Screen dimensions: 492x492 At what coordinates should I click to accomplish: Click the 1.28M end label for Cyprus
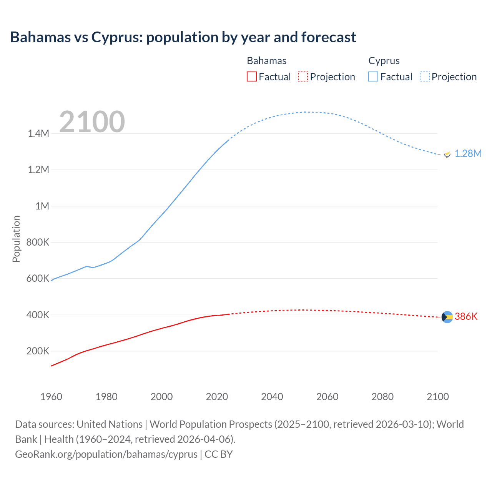468,153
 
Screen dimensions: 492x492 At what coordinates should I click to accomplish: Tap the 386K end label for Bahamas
466,316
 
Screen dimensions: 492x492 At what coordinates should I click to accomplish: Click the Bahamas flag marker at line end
447,317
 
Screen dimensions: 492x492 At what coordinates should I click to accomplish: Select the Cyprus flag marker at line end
447,154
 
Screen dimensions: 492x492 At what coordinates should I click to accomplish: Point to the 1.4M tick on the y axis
38,133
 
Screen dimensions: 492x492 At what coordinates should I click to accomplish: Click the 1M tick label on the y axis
42,206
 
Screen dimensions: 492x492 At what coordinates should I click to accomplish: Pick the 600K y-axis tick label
38,278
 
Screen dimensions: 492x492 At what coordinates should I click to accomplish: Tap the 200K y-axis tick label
38,351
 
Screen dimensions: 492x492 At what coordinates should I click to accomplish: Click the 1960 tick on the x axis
51,397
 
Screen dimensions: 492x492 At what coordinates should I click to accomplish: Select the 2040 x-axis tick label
272,397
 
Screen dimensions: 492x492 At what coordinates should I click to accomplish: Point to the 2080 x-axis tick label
382,397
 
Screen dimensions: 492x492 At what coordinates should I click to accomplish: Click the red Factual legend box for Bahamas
251,76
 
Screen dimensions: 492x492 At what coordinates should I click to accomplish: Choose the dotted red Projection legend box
303,76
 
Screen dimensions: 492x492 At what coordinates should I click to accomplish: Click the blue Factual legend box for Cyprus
373,76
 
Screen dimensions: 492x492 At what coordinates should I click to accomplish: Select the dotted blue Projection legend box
425,76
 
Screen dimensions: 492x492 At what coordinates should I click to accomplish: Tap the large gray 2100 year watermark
92,122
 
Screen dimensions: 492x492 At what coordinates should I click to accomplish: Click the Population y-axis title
16,239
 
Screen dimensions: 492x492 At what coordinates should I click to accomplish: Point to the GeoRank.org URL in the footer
106,454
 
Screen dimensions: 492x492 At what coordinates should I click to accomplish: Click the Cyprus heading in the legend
384,61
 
